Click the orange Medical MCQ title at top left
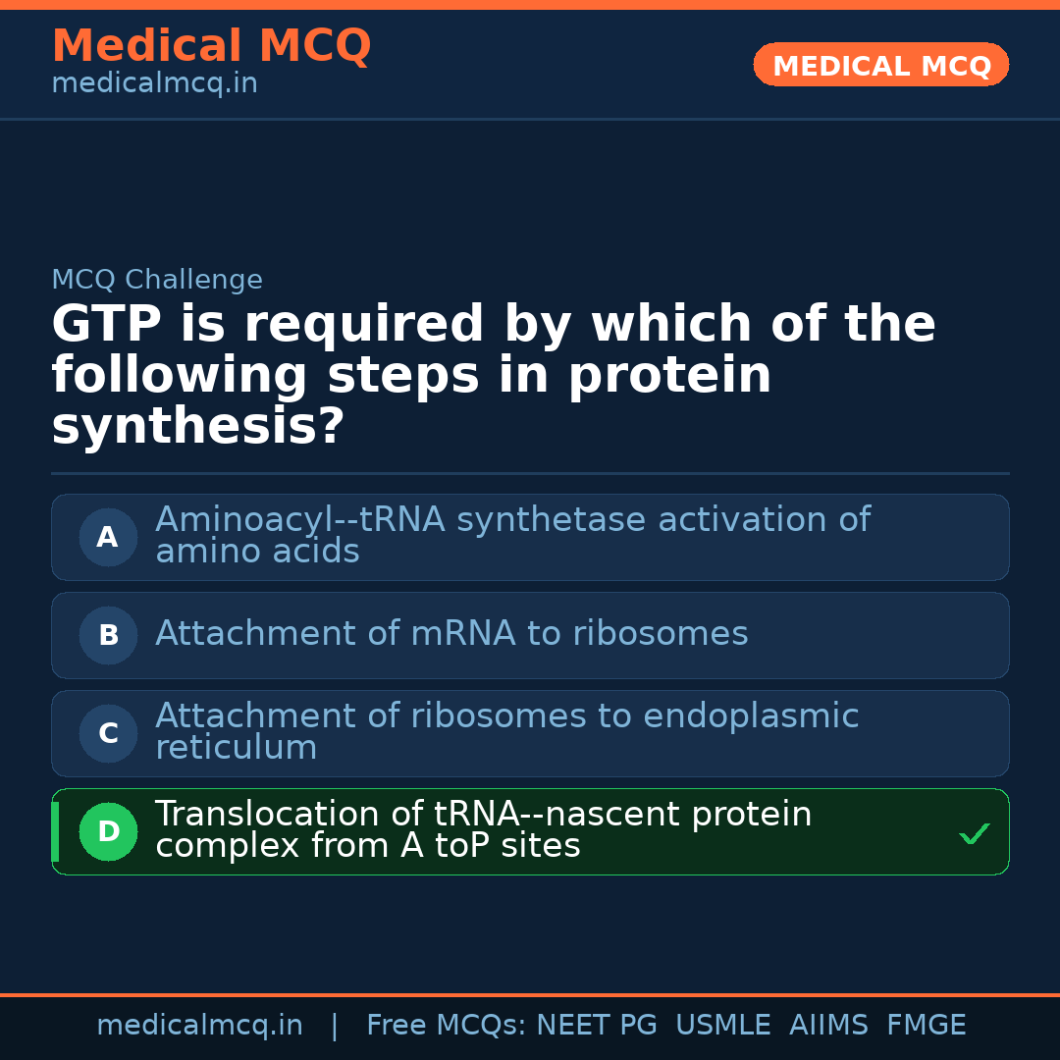coord(211,46)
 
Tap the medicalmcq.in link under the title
coord(154,83)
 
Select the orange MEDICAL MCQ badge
coord(881,66)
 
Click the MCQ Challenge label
coord(157,280)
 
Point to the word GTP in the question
coord(107,325)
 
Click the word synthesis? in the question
coord(197,427)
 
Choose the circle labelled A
coord(108,537)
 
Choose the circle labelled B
coord(108,635)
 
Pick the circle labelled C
coord(108,733)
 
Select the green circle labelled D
coord(108,831)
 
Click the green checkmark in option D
coord(974,833)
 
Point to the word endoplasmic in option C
coord(751,716)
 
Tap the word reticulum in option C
coord(236,748)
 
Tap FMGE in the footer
coord(926,1026)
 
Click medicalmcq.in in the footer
coord(199,1026)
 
